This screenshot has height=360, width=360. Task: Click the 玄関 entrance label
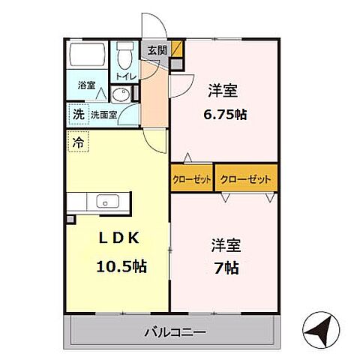[x=157, y=51]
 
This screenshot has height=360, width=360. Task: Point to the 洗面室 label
[x=105, y=115]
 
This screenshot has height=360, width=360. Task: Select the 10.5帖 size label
[x=120, y=265]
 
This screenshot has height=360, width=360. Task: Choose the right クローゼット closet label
[x=245, y=178]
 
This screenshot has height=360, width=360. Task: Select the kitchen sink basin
[x=105, y=202]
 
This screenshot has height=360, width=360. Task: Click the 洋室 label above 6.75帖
[x=223, y=91]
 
